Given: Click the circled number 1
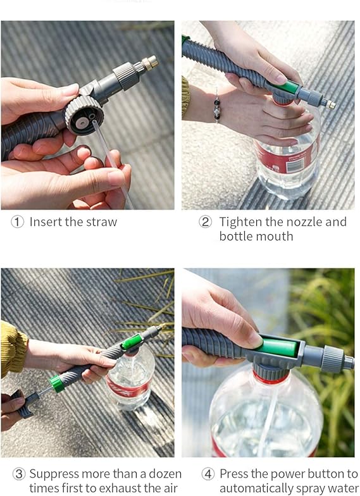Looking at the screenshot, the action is click(17, 221).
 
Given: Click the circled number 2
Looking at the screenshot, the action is click(205, 221).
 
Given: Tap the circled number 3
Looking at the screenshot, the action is click(19, 474).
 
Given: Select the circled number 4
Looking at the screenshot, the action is click(208, 474).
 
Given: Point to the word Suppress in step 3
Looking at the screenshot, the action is click(54, 474).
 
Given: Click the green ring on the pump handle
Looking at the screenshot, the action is click(56, 383).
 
